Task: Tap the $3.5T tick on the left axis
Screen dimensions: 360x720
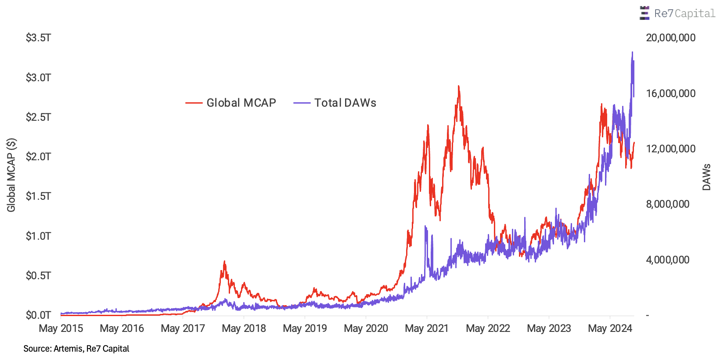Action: (39, 38)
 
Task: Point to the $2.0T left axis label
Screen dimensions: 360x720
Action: (39, 157)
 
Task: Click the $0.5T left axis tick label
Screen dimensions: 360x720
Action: (39, 276)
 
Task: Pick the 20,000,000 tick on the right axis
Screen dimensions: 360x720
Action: (670, 38)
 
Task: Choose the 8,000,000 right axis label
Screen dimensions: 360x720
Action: (667, 204)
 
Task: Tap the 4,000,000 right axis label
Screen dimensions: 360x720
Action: (667, 260)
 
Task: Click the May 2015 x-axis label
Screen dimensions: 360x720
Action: (61, 328)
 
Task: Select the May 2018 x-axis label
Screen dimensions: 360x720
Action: (244, 328)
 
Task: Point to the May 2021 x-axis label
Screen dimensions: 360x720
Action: (427, 328)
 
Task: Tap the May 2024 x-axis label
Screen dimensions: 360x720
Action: (610, 328)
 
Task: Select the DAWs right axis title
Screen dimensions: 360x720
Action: (706, 177)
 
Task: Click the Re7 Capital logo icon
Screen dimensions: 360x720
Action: (644, 13)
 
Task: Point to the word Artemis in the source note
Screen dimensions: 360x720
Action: (68, 349)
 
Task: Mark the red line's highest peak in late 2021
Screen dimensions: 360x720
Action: (459, 86)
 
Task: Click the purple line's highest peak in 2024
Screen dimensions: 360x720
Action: (632, 52)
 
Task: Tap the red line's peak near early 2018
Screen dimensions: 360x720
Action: (224, 261)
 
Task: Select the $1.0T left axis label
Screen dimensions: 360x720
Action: (39, 236)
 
